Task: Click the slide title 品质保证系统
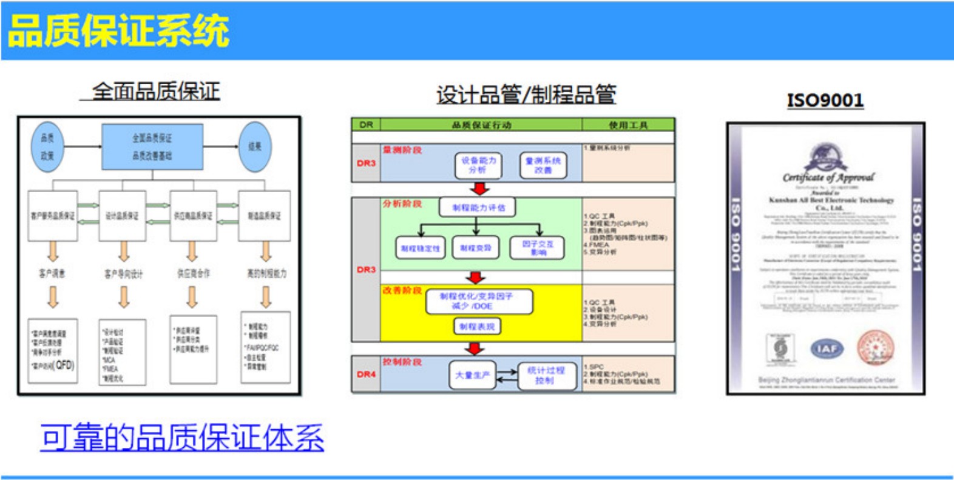[x=118, y=31]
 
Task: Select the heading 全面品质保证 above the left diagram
[x=155, y=92]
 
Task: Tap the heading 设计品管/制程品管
[x=526, y=95]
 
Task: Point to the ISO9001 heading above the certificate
[x=825, y=100]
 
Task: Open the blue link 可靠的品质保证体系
[x=182, y=438]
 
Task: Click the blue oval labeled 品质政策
[x=47, y=147]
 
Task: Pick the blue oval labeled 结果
[x=255, y=147]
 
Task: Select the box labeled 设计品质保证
[x=122, y=216]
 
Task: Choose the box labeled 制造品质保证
[x=264, y=216]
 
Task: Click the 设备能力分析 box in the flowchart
[x=478, y=165]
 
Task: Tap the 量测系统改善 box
[x=543, y=165]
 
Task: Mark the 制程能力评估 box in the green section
[x=478, y=208]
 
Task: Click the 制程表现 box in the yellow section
[x=477, y=327]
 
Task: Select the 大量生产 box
[x=473, y=375]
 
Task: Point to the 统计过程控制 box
[x=546, y=375]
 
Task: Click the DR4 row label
[x=366, y=375]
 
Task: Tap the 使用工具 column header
[x=628, y=125]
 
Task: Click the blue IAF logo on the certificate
[x=827, y=348]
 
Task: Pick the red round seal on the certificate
[x=875, y=348]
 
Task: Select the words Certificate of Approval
[x=828, y=178]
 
